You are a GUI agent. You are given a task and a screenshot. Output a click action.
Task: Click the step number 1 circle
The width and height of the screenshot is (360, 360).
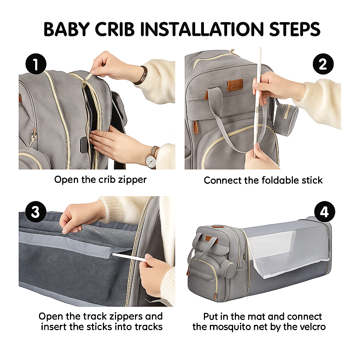[x=36, y=64]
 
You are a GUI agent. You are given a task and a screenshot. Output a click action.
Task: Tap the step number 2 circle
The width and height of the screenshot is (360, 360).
[x=323, y=64]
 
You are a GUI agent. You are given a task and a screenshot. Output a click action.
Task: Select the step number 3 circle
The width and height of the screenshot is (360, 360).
[x=36, y=212]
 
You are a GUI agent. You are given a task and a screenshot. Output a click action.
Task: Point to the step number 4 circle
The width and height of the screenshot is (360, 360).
[x=324, y=212]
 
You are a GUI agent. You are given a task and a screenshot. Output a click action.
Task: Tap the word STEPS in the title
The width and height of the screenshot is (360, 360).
[x=295, y=29]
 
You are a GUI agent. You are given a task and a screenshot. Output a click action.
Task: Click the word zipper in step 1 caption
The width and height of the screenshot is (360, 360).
[x=132, y=180]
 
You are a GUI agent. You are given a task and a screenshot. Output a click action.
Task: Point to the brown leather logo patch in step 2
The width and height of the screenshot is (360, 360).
[x=235, y=84]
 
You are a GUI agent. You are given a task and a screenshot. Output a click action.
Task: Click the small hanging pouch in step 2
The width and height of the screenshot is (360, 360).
[x=285, y=115]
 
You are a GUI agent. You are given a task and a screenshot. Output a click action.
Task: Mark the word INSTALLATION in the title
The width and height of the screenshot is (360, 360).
[x=202, y=29]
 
